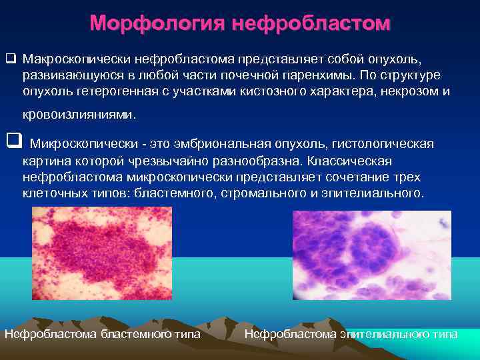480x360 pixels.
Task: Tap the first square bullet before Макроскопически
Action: point(10,58)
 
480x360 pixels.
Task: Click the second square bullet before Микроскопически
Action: point(11,141)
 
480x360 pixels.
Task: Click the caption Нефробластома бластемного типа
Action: point(102,333)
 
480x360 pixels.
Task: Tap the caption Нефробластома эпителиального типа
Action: point(351,333)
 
